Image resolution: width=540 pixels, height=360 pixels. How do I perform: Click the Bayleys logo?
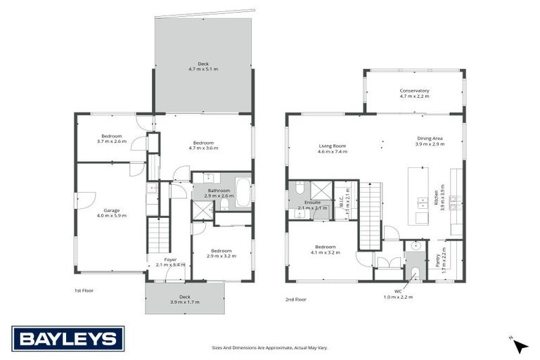pos(68,338)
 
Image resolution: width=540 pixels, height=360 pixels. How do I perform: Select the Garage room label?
pos(112,210)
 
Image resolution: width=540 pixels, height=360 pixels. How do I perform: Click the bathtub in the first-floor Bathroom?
pos(243,192)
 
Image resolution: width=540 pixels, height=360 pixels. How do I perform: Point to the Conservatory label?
pos(414,91)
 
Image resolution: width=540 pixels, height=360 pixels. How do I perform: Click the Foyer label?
pos(170,259)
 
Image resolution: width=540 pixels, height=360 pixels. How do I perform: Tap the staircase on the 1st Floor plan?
pos(158,236)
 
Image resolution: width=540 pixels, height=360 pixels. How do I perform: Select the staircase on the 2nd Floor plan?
pos(370,215)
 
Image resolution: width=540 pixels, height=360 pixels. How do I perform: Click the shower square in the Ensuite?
pos(321,190)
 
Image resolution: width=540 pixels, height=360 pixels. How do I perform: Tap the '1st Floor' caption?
pos(84,290)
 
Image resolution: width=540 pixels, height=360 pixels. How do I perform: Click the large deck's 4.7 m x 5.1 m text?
pos(203,70)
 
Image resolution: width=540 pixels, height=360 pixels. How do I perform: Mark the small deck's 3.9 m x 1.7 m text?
pos(185,302)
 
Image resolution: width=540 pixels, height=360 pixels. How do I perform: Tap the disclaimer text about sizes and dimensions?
pos(270,347)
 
